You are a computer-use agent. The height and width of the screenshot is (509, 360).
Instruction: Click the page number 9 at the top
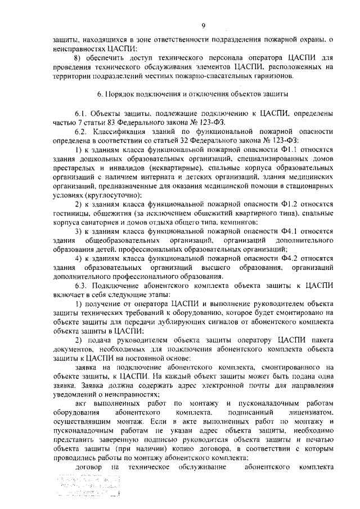(x=204, y=25)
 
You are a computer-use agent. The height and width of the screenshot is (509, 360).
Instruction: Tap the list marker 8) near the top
(x=79, y=57)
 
